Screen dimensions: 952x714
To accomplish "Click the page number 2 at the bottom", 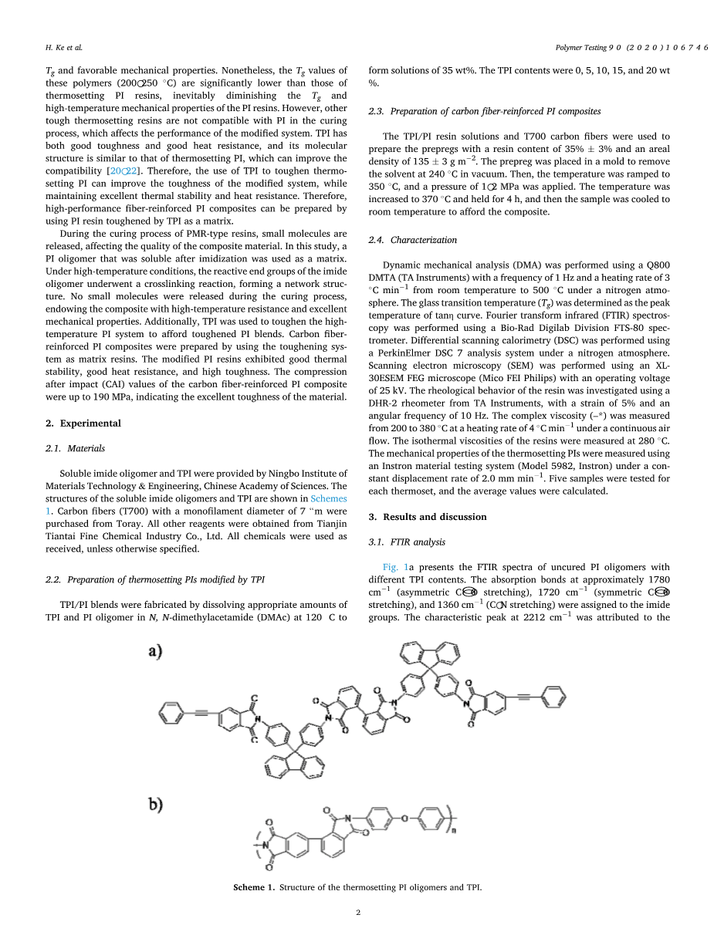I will coord(358,913).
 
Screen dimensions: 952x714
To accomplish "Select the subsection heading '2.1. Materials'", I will coord(75,448).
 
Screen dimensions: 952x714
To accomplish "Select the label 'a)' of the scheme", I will coord(155,651).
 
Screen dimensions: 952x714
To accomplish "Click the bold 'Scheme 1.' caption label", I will coord(254,887).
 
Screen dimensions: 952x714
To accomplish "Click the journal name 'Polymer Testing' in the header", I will coord(581,48).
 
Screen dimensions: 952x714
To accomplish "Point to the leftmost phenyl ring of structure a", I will coord(171,712).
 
